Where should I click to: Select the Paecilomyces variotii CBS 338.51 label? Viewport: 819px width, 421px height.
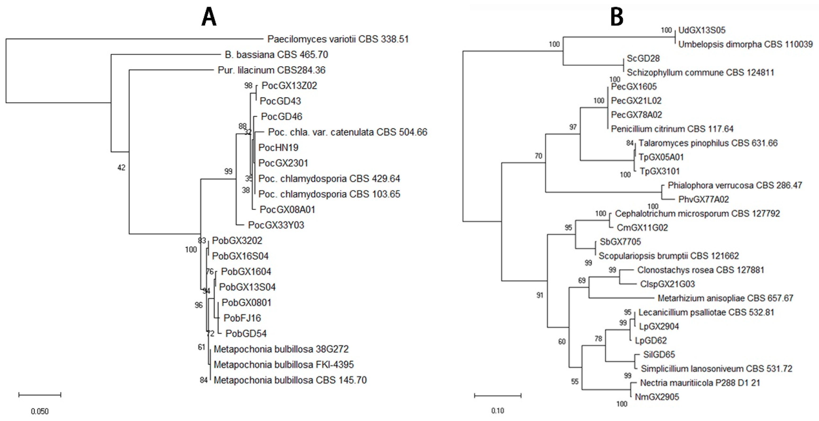coord(338,39)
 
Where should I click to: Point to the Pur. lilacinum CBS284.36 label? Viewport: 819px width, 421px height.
coord(271,70)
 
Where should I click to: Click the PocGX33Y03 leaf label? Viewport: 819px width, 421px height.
coord(276,225)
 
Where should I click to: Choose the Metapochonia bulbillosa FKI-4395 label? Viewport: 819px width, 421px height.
coord(283,364)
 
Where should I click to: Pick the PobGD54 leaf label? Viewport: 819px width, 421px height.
coord(246,333)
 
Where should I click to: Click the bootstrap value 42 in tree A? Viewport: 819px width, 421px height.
coord(121,168)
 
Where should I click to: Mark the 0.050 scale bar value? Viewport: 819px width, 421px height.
coord(40,412)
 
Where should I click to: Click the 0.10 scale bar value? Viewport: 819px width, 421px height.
coord(498,411)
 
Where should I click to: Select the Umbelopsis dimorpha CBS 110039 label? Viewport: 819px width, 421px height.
coord(745,44)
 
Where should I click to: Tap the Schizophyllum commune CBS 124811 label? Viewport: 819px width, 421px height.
coord(700,72)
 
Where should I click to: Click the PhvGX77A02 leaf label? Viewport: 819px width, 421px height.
coord(703,199)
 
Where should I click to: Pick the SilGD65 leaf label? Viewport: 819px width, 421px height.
coord(659,355)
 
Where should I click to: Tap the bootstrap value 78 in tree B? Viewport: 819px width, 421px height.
coord(598,339)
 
